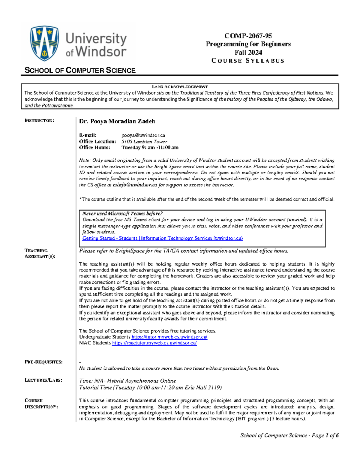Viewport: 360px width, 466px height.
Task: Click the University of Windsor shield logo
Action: coord(44,43)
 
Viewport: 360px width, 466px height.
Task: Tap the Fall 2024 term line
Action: coord(248,53)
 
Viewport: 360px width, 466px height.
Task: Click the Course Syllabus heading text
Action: coord(248,61)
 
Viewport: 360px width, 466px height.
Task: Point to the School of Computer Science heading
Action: coord(80,71)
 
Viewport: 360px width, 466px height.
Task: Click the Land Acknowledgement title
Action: coord(180,87)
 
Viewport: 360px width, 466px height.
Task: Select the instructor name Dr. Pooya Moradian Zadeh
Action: coord(117,122)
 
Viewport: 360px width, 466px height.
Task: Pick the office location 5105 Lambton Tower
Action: coord(144,142)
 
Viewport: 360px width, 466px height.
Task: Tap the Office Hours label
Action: coord(94,148)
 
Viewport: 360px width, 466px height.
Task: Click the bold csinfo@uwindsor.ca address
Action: coord(135,185)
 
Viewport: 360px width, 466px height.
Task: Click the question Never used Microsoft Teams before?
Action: coord(122,214)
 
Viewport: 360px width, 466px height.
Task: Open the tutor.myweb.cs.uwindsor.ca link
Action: coord(169,337)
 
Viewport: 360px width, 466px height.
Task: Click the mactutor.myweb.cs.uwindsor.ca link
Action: coord(154,343)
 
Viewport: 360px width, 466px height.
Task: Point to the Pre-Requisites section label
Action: coord(43,362)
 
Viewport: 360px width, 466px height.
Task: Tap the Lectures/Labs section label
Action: coord(43,380)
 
